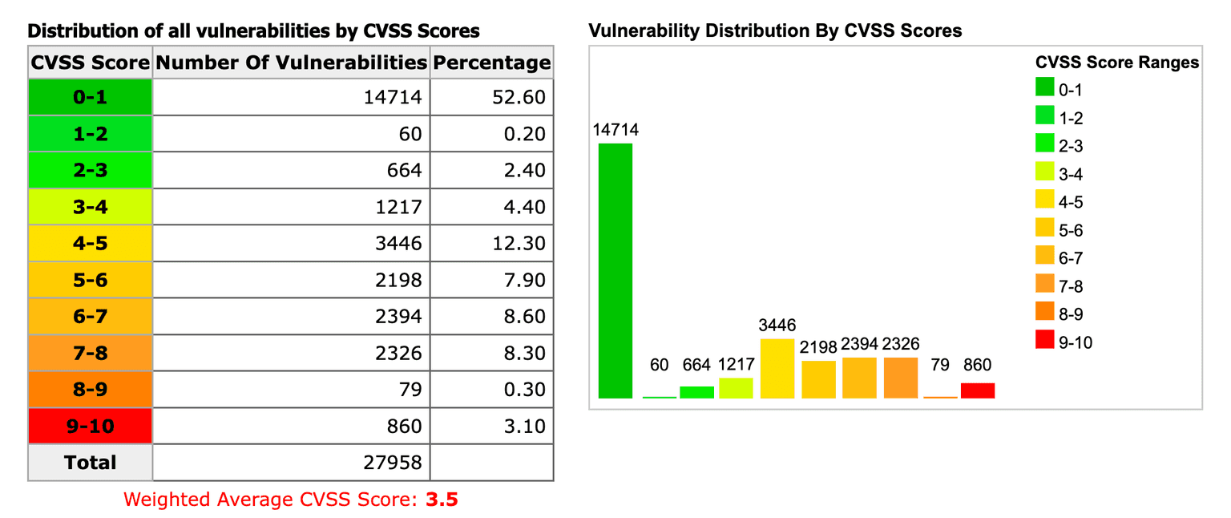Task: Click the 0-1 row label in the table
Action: [90, 97]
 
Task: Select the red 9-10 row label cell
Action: [90, 426]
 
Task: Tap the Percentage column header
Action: [491, 63]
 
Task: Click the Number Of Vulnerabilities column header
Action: [291, 63]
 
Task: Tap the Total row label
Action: [90, 463]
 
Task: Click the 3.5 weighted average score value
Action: [442, 500]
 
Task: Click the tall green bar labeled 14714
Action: [615, 271]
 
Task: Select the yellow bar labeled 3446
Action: [777, 369]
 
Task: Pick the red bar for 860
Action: [978, 391]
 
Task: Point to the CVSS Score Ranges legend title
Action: [1116, 63]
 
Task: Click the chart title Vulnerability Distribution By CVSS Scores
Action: [774, 31]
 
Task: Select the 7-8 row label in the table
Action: [90, 353]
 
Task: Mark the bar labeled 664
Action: [696, 392]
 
